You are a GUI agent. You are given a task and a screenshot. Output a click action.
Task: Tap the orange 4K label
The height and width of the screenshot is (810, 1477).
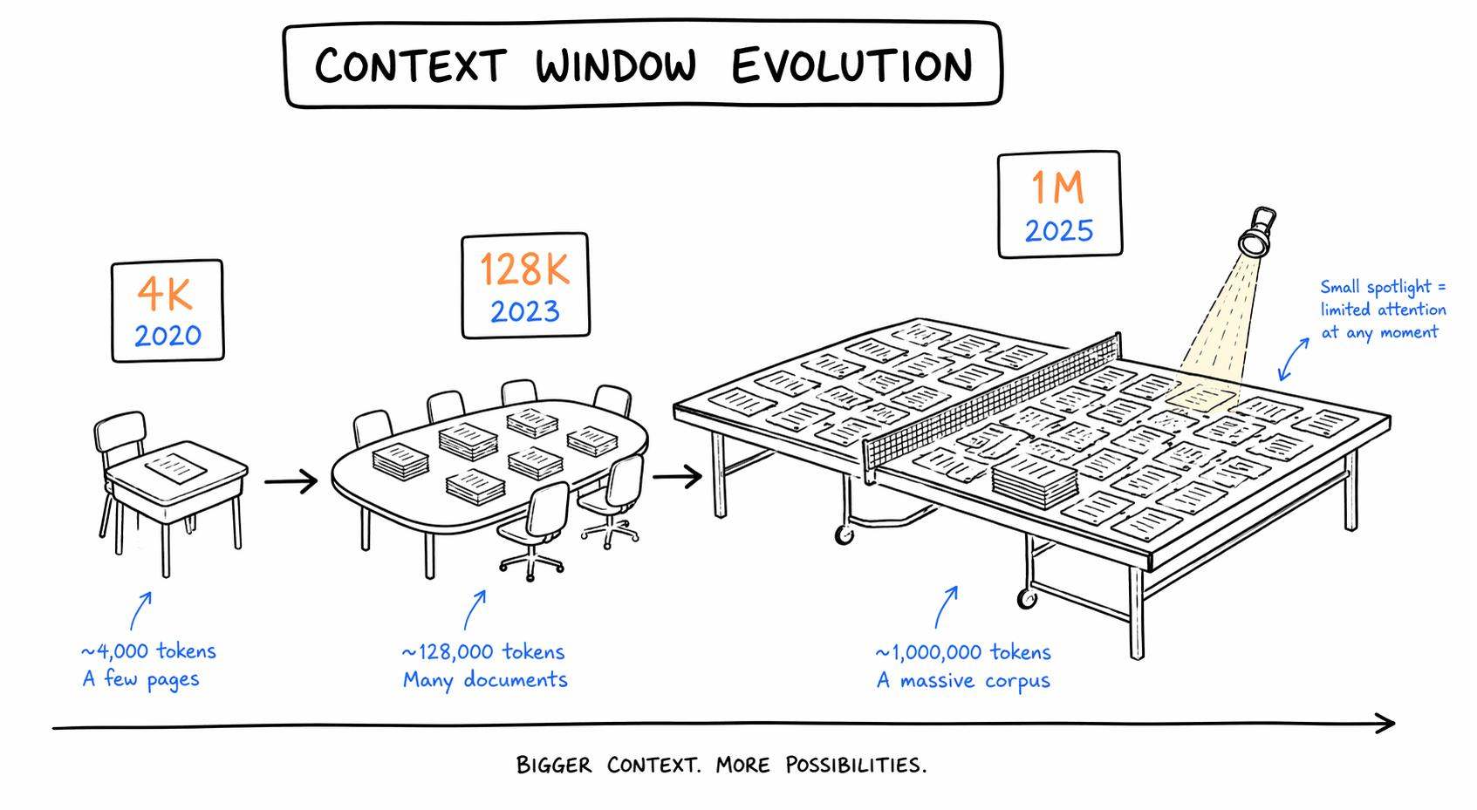pos(165,293)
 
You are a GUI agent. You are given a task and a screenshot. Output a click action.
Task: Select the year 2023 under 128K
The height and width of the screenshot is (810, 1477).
pos(525,312)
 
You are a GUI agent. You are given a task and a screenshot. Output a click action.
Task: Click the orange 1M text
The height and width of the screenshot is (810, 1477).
pos(1057,187)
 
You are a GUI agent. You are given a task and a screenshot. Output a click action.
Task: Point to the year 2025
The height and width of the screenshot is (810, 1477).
pos(1059,231)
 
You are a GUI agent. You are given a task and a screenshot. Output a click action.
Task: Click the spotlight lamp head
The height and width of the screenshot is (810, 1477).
pos(1257,231)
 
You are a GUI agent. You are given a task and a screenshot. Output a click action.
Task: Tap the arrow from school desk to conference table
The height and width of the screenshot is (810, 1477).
pos(291,481)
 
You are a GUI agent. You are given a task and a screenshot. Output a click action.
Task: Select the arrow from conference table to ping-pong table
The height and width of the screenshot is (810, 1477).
pos(677,477)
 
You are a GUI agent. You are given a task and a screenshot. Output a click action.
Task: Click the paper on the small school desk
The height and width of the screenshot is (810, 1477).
pos(175,467)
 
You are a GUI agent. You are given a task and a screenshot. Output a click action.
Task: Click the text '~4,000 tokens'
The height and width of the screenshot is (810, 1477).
pos(148,651)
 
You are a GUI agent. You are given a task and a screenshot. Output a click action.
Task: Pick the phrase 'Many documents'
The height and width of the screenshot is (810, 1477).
pos(485,680)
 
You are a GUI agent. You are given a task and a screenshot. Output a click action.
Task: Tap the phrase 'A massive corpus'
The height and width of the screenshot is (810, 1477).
pos(962,681)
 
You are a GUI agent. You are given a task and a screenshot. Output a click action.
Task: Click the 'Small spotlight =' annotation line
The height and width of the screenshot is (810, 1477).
pos(1383,288)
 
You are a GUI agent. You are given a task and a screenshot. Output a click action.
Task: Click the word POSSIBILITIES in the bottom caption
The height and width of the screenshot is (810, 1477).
pos(856,766)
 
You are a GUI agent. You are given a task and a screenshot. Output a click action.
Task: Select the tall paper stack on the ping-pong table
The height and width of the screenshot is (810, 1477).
pos(1035,482)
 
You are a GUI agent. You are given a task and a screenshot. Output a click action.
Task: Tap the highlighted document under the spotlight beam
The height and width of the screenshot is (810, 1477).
pos(1200,398)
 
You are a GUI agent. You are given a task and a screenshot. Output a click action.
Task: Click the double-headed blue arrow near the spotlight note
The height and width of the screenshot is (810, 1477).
pos(1293,359)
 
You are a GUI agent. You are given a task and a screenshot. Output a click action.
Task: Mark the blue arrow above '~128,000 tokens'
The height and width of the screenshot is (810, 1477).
pos(474,610)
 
